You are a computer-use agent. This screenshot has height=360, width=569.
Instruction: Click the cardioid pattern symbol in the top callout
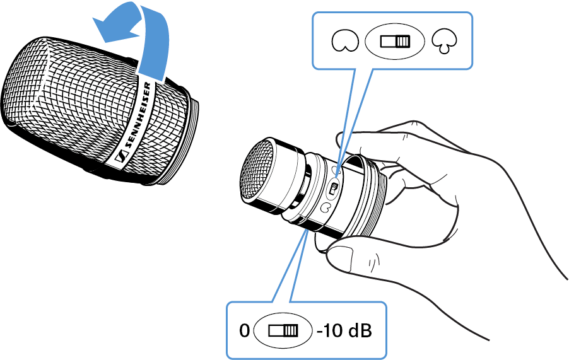click(343, 42)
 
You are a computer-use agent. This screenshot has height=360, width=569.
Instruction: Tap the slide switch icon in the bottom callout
click(283, 330)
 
